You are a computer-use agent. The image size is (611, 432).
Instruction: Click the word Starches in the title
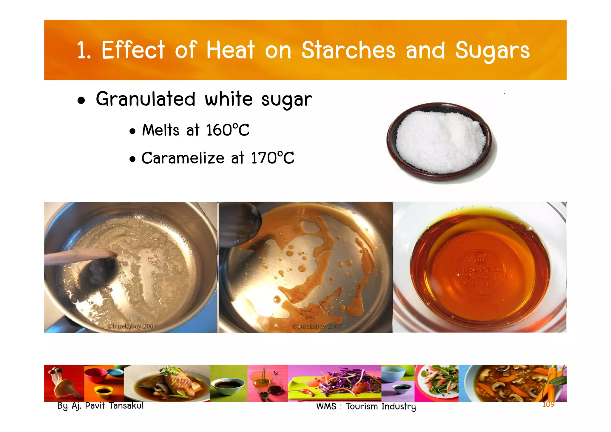click(348, 50)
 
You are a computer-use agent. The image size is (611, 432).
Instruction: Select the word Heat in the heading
click(231, 50)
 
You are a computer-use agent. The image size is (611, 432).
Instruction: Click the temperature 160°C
click(228, 130)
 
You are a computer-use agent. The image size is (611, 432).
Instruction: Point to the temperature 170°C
click(272, 158)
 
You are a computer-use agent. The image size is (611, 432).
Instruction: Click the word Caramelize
click(183, 158)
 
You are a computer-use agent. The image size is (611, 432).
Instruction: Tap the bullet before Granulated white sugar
click(81, 101)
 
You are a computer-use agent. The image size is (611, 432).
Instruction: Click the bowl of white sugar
click(440, 142)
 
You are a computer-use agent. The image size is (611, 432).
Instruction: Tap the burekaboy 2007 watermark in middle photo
click(317, 326)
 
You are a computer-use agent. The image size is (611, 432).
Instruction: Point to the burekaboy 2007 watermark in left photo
click(132, 326)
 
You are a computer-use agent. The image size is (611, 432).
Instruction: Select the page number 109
click(548, 404)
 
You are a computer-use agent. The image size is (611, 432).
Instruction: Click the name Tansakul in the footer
click(126, 406)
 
